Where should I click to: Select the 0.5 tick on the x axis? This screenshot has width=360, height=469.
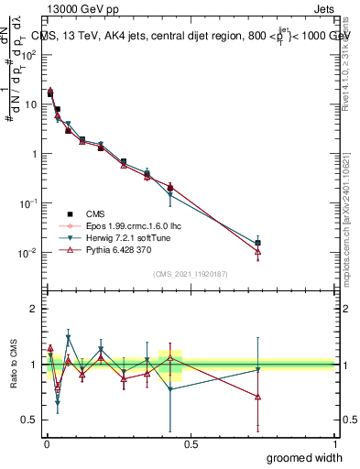[191, 442]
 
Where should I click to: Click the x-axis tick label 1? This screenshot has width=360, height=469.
[334, 442]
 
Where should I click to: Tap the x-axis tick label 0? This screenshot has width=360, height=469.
[47, 442]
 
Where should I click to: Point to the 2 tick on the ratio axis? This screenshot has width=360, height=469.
[34, 309]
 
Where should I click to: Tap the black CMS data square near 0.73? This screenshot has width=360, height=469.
[258, 243]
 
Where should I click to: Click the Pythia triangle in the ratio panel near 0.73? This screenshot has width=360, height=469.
[258, 397]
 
